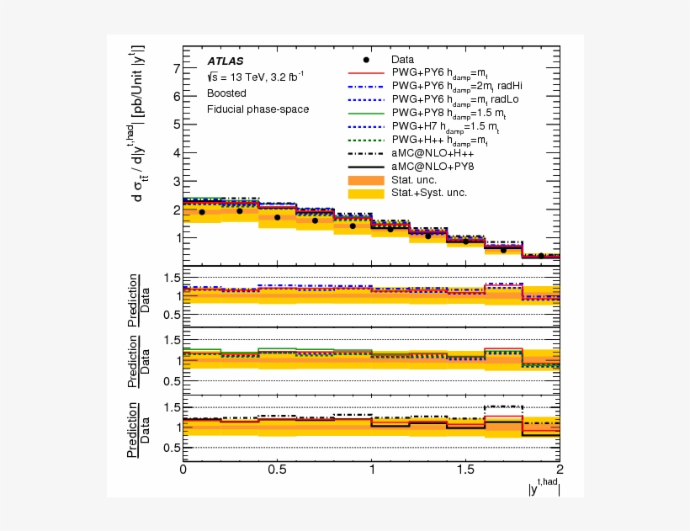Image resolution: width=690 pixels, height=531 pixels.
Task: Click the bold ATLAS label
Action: tap(226, 61)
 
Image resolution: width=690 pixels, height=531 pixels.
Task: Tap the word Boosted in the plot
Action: tap(226, 93)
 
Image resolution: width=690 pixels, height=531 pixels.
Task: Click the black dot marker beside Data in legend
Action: tap(366, 60)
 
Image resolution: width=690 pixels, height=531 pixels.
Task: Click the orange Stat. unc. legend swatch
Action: tap(366, 179)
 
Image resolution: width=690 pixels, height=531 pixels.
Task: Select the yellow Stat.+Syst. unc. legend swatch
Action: tap(366, 193)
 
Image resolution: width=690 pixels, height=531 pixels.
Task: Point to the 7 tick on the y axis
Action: tap(175, 68)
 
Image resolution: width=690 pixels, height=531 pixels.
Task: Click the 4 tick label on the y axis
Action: tap(175, 152)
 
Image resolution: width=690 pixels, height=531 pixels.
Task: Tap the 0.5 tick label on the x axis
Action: tap(277, 469)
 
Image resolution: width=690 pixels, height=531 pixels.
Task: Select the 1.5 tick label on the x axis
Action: tap(465, 469)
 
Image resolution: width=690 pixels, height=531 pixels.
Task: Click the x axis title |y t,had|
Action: tap(542, 486)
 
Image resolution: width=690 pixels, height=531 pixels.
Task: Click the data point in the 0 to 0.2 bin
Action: tap(202, 212)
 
